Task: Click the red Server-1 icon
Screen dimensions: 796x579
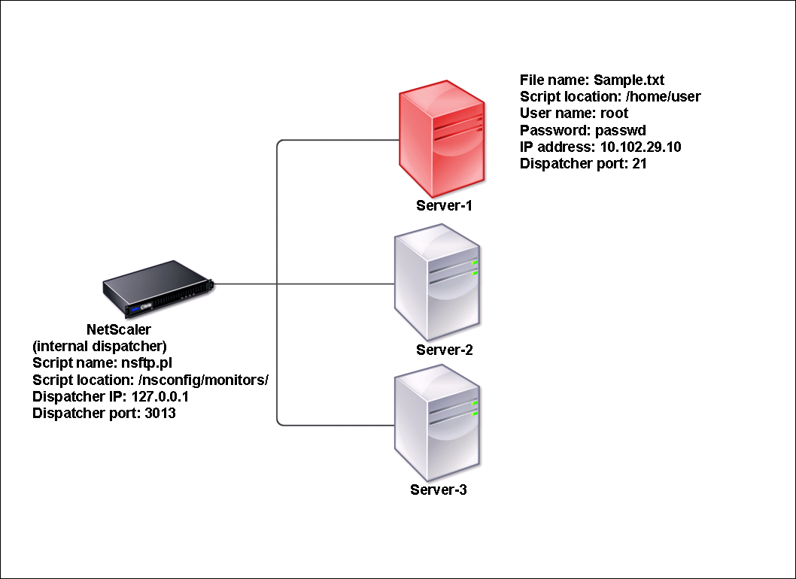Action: point(442,138)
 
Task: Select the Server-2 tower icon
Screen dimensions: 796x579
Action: point(437,283)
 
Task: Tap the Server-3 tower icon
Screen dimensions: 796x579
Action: point(437,423)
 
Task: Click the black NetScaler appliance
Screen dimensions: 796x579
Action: point(159,288)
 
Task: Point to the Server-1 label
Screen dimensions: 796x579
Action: point(444,205)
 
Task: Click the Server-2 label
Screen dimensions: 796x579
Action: point(444,350)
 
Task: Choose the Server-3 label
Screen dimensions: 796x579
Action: point(438,490)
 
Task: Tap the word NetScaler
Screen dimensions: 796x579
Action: point(119,329)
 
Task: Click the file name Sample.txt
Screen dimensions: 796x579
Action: point(629,80)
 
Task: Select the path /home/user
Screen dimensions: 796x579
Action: point(663,96)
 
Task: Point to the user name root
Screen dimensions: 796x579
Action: point(614,113)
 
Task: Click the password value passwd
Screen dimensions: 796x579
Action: point(621,130)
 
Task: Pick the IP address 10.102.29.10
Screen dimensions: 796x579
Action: point(641,147)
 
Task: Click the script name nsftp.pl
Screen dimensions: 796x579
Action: point(146,363)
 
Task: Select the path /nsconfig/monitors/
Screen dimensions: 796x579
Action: point(203,380)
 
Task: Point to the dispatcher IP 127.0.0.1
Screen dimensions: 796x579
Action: point(160,396)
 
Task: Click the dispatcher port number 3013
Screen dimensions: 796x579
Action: point(160,413)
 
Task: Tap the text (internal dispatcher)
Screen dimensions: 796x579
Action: point(99,346)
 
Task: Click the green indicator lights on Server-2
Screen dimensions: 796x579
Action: point(475,268)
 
